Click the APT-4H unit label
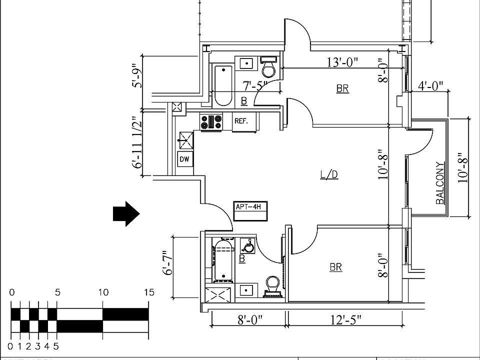250,206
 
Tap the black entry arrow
125,213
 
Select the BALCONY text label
440,182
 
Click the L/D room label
329,174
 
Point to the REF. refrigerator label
241,121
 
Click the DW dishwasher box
184,159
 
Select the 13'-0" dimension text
342,62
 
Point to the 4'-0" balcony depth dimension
430,86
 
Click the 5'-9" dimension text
136,75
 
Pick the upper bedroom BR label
342,89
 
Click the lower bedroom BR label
336,267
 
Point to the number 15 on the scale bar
149,292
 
